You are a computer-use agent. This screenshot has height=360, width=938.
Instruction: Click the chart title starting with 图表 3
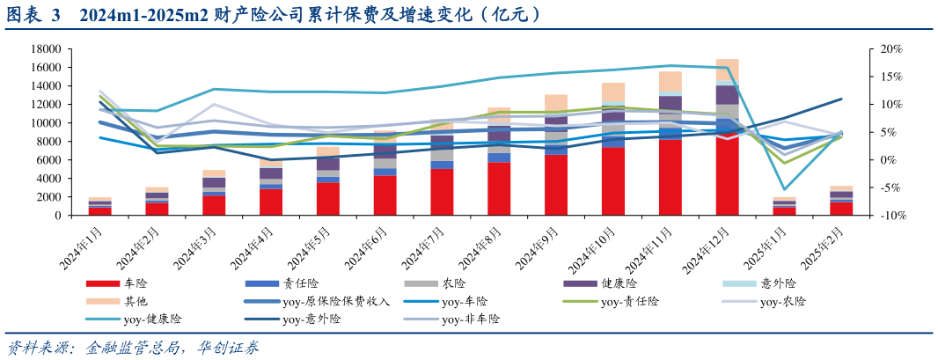[273, 15]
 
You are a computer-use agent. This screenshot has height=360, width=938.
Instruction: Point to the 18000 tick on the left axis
[43, 49]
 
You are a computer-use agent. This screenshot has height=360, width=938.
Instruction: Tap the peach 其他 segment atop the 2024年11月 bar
[671, 80]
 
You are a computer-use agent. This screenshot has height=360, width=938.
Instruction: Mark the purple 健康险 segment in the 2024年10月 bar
[613, 116]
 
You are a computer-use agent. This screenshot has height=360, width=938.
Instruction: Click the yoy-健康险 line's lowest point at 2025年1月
[784, 189]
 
